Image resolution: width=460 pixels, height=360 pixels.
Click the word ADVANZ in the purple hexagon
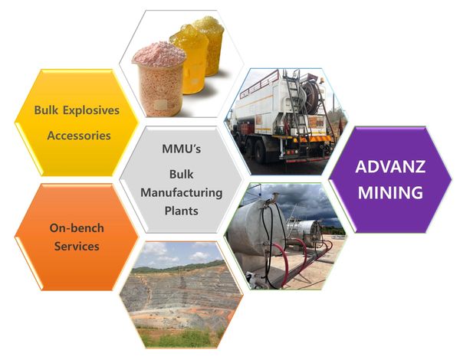(390, 167)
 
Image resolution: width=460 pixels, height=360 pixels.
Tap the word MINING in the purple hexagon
(390, 192)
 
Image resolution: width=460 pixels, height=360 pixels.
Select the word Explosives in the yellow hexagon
(91, 111)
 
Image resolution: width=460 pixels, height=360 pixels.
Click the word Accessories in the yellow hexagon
(79, 136)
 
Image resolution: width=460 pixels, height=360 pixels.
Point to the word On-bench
(77, 228)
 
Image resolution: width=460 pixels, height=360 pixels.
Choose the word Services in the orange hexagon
(77, 246)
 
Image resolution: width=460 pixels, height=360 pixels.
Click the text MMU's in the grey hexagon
(181, 149)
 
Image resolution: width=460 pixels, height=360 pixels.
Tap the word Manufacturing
(181, 193)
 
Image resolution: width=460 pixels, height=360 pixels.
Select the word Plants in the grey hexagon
(181, 211)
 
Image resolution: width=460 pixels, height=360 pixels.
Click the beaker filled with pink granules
(159, 79)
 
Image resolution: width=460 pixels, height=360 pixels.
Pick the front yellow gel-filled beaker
(190, 59)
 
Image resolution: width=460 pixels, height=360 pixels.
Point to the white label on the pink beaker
(161, 105)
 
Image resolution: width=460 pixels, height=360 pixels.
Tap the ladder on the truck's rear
(296, 106)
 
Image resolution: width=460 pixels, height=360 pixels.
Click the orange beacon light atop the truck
(322, 80)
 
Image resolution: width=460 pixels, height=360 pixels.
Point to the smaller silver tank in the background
(305, 232)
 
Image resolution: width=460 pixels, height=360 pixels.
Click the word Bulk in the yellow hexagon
(45, 110)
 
